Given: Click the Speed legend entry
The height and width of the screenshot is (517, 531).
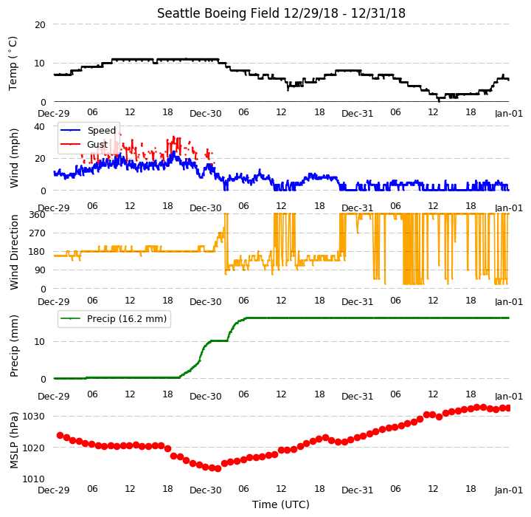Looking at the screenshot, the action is pos(102,130).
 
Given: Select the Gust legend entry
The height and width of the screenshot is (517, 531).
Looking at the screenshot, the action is pos(97,145).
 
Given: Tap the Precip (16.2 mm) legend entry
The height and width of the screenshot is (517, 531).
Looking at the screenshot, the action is pos(127,319).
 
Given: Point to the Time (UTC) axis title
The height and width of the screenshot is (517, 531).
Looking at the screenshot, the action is pos(281,504).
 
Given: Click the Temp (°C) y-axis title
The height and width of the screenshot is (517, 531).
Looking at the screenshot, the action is pos(13,64).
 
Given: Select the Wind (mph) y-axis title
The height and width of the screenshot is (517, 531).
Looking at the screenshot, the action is pos(14,158).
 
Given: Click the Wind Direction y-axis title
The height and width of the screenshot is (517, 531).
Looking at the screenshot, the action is pos(14,252).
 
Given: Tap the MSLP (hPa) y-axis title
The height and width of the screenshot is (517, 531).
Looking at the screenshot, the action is pos(14,440).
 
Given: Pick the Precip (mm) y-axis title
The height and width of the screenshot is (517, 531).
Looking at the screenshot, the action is pos(14,346).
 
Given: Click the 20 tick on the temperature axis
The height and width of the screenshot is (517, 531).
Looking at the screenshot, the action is pos(40,25).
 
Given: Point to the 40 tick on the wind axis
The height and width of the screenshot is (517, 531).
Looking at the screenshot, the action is pos(39,127).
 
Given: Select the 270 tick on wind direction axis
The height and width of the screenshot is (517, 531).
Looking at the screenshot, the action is pos(38,233).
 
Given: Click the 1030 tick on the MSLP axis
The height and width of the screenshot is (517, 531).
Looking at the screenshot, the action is pos(33,417).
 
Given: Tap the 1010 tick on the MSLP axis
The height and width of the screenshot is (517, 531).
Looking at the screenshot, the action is pos(33,479).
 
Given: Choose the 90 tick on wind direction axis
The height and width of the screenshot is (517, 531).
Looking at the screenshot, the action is pos(40,270).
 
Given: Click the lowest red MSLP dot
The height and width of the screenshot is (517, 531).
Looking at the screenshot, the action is pos(218,468).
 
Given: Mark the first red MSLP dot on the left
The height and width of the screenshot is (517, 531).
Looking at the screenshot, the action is pos(60,435).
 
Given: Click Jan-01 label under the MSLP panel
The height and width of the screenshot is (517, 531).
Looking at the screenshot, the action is pos(509,490).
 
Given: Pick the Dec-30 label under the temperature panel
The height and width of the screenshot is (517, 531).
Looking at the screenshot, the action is pos(206,114).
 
